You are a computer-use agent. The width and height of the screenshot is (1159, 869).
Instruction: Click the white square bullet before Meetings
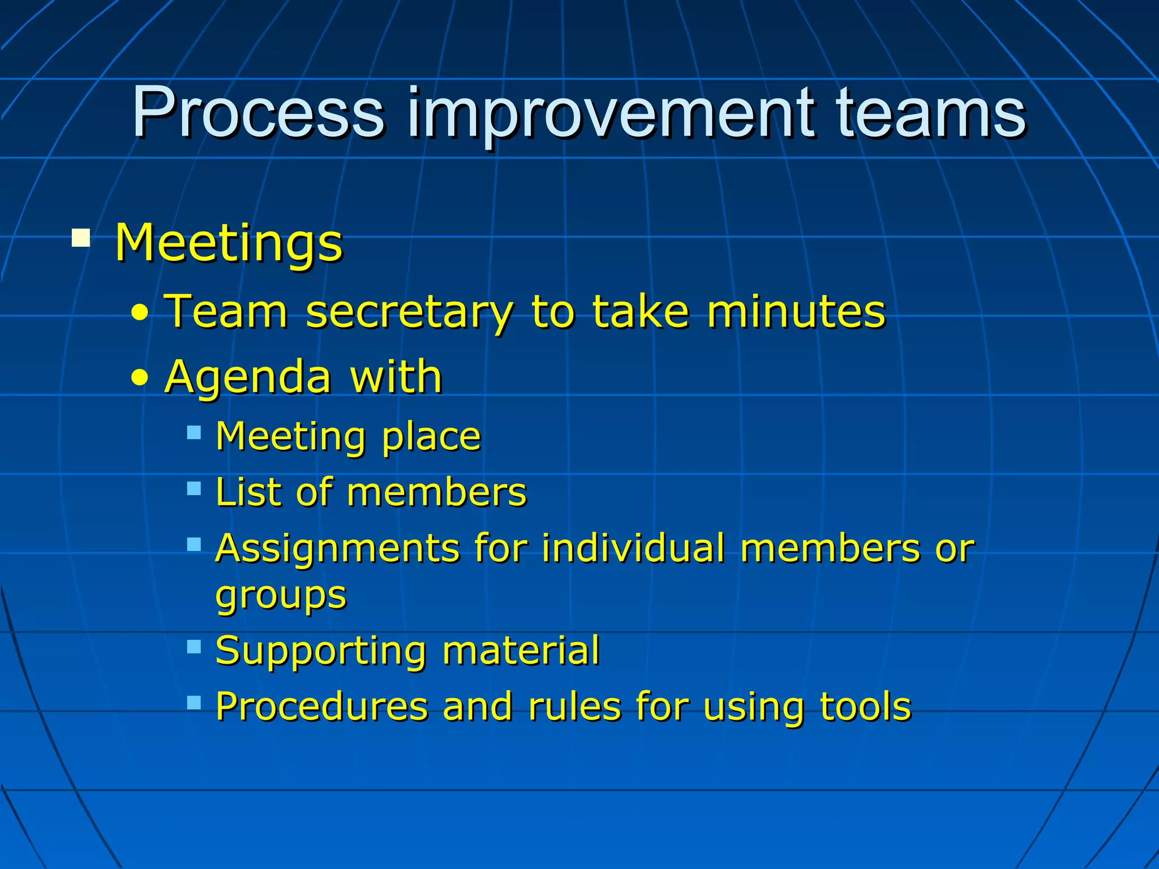[81, 238]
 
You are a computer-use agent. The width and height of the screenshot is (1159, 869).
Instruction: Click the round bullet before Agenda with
[139, 377]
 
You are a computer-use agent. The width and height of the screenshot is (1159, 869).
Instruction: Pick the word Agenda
[247, 377]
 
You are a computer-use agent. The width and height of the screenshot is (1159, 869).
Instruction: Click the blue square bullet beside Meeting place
[194, 433]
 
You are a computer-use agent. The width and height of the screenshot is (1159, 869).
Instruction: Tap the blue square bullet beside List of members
[194, 488]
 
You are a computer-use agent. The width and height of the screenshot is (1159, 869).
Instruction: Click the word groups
[281, 596]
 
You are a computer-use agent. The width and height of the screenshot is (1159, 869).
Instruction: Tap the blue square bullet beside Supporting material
[194, 646]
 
